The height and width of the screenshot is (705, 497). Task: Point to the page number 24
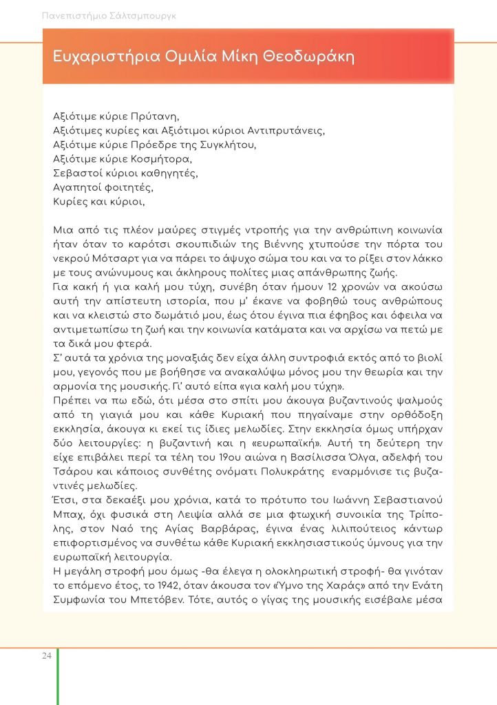tap(45, 655)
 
